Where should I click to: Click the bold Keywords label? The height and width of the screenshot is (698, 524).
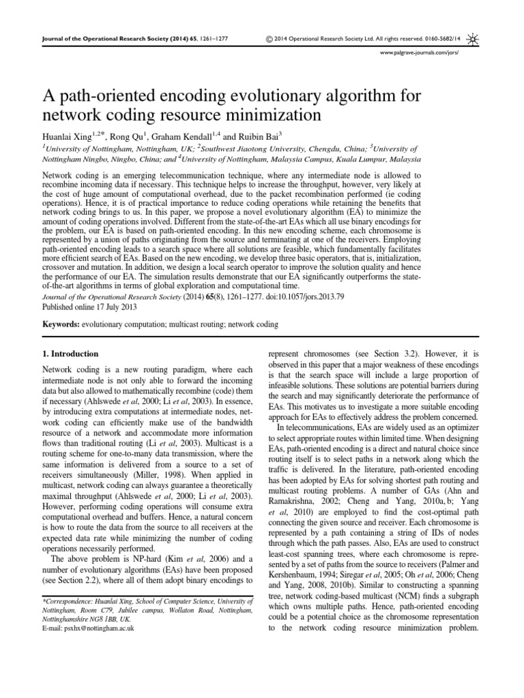point(61,324)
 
